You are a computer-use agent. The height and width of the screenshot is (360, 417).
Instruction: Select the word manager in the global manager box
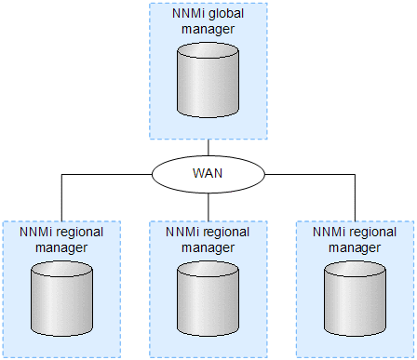tap(208, 30)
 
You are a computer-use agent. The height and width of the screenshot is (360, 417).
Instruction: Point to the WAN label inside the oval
tap(208, 173)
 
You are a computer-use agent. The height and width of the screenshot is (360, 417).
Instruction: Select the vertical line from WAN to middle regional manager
tap(208, 207)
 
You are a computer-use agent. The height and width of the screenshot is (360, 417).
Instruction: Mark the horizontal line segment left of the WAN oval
tap(107, 173)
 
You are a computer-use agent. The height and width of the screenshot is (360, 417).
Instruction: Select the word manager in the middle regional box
tap(208, 247)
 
